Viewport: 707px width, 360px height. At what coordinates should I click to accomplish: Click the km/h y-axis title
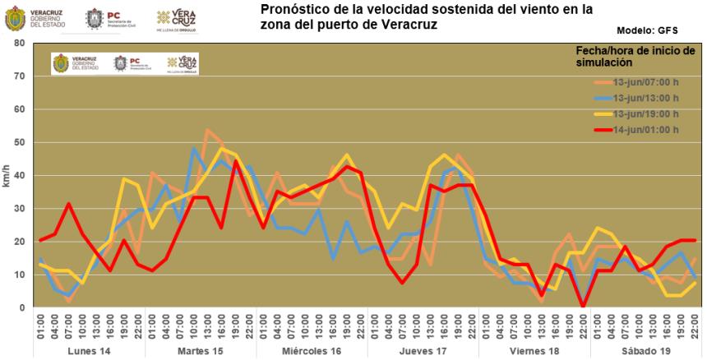click(x=7, y=175)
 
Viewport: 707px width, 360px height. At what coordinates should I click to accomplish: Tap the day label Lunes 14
click(x=90, y=351)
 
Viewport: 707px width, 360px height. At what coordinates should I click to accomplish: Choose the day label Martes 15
click(x=201, y=351)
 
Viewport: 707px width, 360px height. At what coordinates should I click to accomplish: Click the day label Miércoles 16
click(x=311, y=351)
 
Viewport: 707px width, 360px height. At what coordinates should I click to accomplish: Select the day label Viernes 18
click(x=533, y=351)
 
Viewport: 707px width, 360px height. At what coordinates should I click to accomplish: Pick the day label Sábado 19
click(x=644, y=351)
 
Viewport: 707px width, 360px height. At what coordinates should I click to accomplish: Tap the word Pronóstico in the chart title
click(x=294, y=10)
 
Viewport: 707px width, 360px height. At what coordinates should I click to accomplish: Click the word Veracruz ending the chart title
click(x=409, y=25)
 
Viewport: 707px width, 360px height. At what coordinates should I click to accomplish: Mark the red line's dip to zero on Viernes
click(x=583, y=307)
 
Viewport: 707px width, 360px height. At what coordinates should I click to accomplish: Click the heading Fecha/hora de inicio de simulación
click(x=635, y=56)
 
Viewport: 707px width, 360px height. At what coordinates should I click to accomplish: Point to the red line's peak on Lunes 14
click(x=69, y=204)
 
